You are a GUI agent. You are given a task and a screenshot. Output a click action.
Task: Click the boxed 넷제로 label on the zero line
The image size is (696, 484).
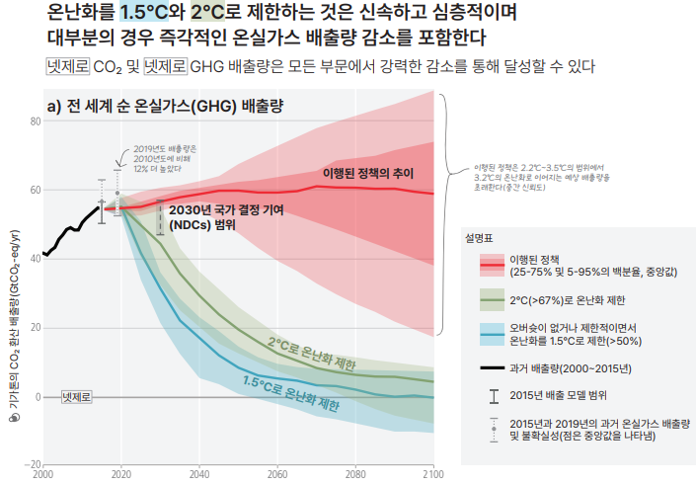pyautogui.click(x=77, y=396)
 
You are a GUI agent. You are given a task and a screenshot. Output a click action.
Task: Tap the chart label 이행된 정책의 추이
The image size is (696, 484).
pyautogui.click(x=367, y=174)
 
